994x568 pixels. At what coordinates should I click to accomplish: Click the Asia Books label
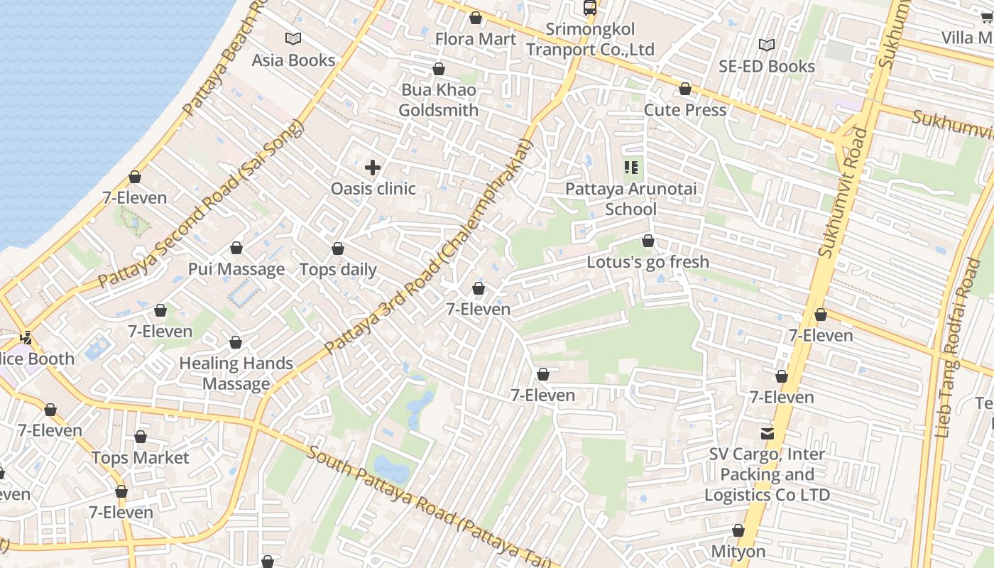click(x=293, y=60)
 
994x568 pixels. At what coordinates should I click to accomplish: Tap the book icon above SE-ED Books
click(x=766, y=45)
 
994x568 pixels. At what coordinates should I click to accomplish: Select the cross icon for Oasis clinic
click(x=373, y=168)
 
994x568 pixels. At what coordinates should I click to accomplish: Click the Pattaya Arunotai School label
click(x=630, y=199)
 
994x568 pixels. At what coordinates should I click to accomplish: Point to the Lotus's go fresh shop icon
click(x=648, y=241)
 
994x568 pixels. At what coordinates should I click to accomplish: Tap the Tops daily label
click(x=338, y=270)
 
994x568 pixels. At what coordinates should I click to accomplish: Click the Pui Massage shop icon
click(x=236, y=248)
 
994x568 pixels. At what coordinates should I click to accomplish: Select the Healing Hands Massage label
click(x=236, y=373)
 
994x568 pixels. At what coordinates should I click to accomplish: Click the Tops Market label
click(x=141, y=458)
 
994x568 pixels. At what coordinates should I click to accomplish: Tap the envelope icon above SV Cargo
click(x=767, y=433)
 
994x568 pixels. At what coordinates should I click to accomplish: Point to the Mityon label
click(x=738, y=552)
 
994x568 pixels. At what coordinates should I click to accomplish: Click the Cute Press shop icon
click(x=685, y=89)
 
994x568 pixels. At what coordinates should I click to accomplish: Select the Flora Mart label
click(x=475, y=39)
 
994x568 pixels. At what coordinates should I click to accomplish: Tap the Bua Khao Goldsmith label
click(x=438, y=100)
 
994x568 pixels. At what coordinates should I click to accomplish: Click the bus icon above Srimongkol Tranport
click(x=589, y=8)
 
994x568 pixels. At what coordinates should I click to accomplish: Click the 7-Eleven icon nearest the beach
click(x=135, y=177)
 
